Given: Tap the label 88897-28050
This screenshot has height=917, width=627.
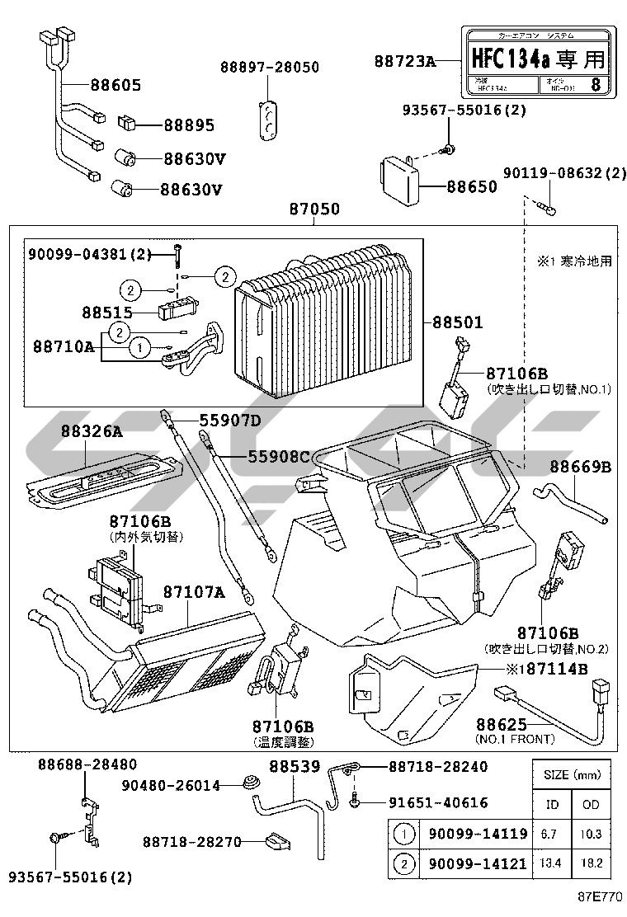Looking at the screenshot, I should tap(269, 67).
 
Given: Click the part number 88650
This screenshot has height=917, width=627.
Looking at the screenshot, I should tap(472, 186).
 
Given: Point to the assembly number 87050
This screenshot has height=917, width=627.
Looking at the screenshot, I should tap(313, 210).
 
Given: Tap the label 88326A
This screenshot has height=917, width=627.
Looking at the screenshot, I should tap(91, 430).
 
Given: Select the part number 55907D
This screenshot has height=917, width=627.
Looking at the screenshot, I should tap(230, 421).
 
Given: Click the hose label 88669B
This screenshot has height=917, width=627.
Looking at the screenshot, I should tap(581, 468).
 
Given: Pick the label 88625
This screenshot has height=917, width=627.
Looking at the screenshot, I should tap(502, 724).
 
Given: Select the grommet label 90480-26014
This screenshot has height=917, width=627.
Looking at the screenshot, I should tap(171, 786).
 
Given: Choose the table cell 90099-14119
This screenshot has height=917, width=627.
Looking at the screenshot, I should tap(478, 834).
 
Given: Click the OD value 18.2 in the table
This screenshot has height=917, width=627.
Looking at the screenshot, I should tap(590, 863).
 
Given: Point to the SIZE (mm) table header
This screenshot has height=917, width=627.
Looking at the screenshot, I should tap(571, 775).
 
